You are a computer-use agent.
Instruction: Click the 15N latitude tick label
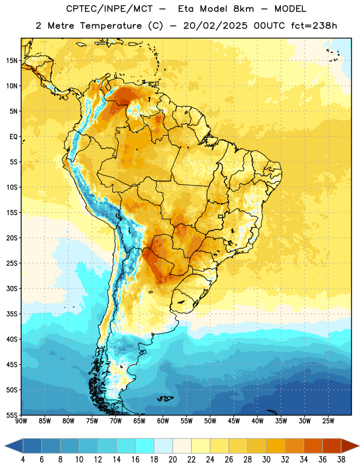click(x=12, y=61)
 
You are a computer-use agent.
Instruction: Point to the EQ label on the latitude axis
click(x=13, y=137)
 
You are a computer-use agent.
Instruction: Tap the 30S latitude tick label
click(x=12, y=288)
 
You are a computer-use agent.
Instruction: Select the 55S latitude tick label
click(x=12, y=415)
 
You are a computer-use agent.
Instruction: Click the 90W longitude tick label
click(x=22, y=421)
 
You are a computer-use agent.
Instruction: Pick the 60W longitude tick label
click(x=163, y=421)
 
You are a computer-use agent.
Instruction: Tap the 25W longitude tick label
click(x=328, y=421)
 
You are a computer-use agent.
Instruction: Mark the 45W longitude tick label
click(x=234, y=421)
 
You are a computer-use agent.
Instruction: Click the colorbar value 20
click(x=172, y=460)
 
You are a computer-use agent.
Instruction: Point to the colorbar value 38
click(x=341, y=460)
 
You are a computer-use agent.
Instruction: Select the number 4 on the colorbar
click(x=23, y=460)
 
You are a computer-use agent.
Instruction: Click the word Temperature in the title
click(x=111, y=26)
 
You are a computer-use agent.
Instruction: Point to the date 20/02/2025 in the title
click(x=215, y=26)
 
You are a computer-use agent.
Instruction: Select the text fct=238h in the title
click(x=314, y=26)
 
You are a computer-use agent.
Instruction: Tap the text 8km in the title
click(x=243, y=9)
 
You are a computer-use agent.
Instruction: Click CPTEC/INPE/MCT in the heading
click(x=109, y=9)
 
